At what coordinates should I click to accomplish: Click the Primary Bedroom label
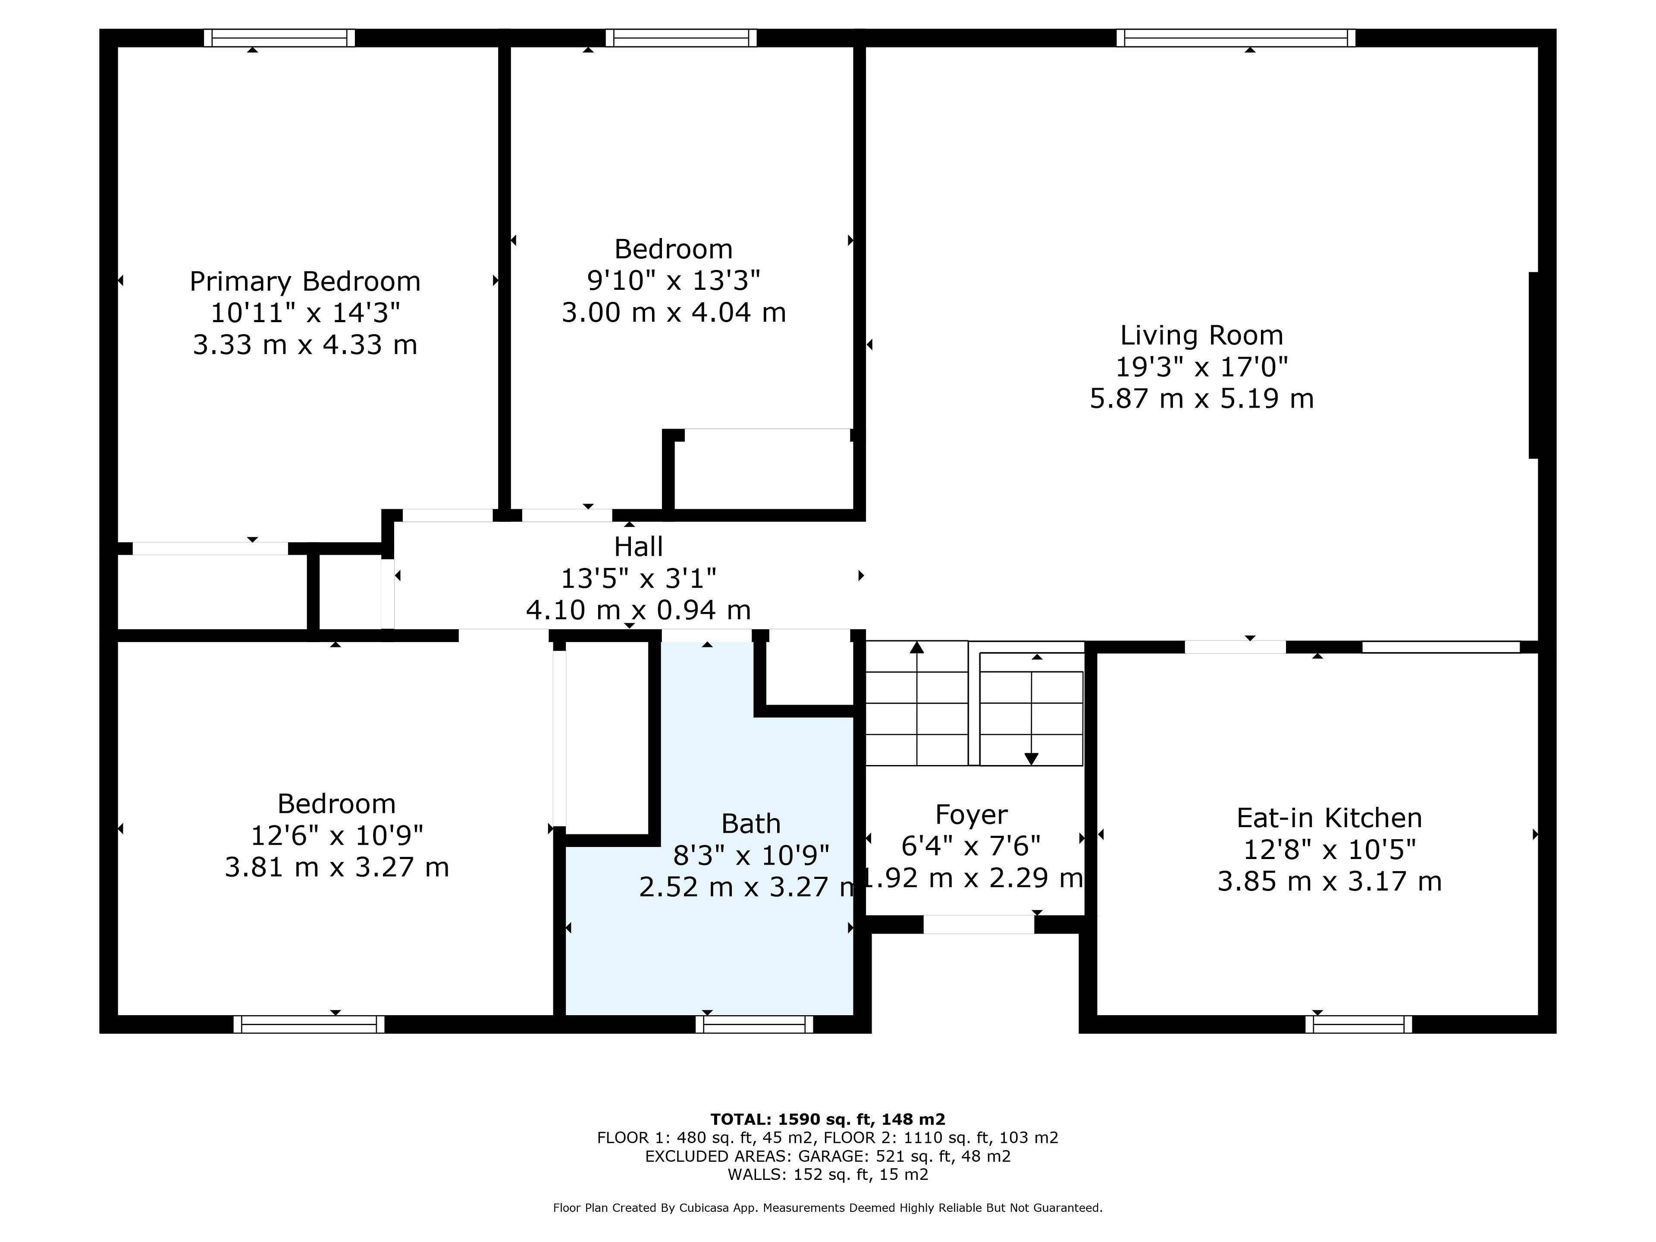point(305,282)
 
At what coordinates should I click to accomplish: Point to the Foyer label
point(972,815)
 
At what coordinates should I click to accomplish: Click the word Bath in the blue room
point(751,824)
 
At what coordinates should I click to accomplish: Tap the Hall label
point(639,546)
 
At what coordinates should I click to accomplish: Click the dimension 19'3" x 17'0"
point(1201,367)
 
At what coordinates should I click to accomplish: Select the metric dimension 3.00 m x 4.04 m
point(674,312)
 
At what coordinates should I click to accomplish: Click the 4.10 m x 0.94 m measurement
point(639,610)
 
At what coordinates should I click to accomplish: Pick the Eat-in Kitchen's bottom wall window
point(1359,1024)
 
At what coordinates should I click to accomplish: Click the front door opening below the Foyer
point(979,925)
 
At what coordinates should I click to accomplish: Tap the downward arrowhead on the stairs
point(1032,759)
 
